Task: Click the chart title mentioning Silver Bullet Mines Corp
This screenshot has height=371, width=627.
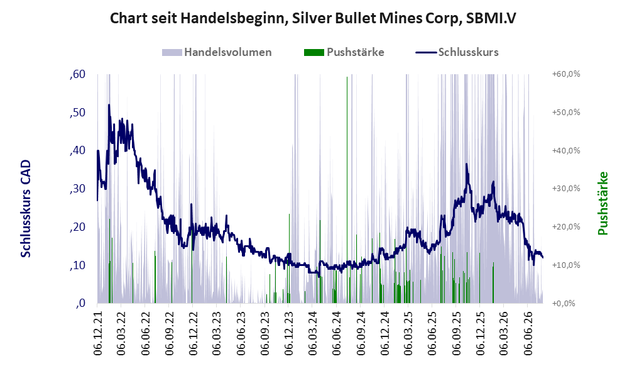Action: pos(313,18)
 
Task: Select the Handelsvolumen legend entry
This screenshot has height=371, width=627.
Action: pos(217,52)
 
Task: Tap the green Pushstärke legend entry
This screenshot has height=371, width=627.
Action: pos(344,52)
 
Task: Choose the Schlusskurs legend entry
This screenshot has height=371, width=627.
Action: pos(457,52)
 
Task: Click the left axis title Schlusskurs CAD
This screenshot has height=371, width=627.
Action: pos(26,209)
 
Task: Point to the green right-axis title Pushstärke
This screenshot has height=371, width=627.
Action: pos(602,203)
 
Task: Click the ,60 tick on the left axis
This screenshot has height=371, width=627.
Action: pos(77,74)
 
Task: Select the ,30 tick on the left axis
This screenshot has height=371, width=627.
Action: pos(77,189)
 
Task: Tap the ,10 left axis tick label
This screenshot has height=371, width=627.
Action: pos(77,265)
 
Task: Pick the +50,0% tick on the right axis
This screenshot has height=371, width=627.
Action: pos(566,113)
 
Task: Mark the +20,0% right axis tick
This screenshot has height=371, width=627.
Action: pos(566,227)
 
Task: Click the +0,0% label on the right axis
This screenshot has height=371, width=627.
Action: pos(564,303)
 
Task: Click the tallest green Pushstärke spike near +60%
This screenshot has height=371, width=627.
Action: pos(347,188)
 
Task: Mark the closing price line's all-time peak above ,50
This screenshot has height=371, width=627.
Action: pos(109,105)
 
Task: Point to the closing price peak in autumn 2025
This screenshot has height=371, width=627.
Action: pos(466,163)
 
